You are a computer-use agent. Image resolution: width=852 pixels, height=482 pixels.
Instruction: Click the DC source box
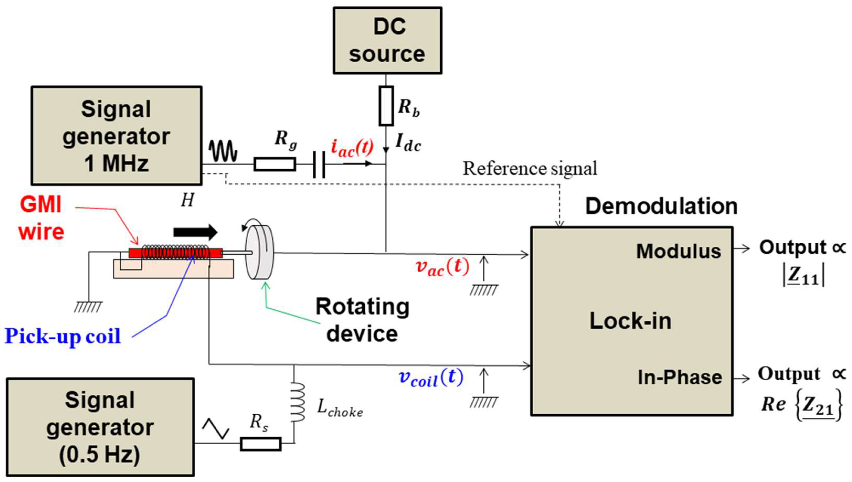click(387, 40)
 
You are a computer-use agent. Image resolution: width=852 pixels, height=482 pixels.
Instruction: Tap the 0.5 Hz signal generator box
click(100, 427)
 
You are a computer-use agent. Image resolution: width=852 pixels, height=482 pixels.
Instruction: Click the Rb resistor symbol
click(386, 106)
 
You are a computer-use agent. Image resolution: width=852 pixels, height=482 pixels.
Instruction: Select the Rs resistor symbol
click(261, 444)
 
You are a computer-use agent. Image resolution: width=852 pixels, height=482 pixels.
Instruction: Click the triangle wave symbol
click(215, 428)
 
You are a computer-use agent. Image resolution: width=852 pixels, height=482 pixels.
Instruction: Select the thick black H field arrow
click(195, 232)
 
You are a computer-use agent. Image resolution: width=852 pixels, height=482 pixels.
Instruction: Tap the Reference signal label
click(529, 168)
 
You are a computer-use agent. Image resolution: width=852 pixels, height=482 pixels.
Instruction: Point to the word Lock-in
click(630, 321)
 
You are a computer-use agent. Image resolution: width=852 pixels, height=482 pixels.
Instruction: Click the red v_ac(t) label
click(442, 267)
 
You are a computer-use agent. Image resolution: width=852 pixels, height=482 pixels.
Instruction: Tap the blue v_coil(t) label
click(431, 378)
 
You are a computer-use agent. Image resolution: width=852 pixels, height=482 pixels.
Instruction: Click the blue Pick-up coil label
click(63, 336)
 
